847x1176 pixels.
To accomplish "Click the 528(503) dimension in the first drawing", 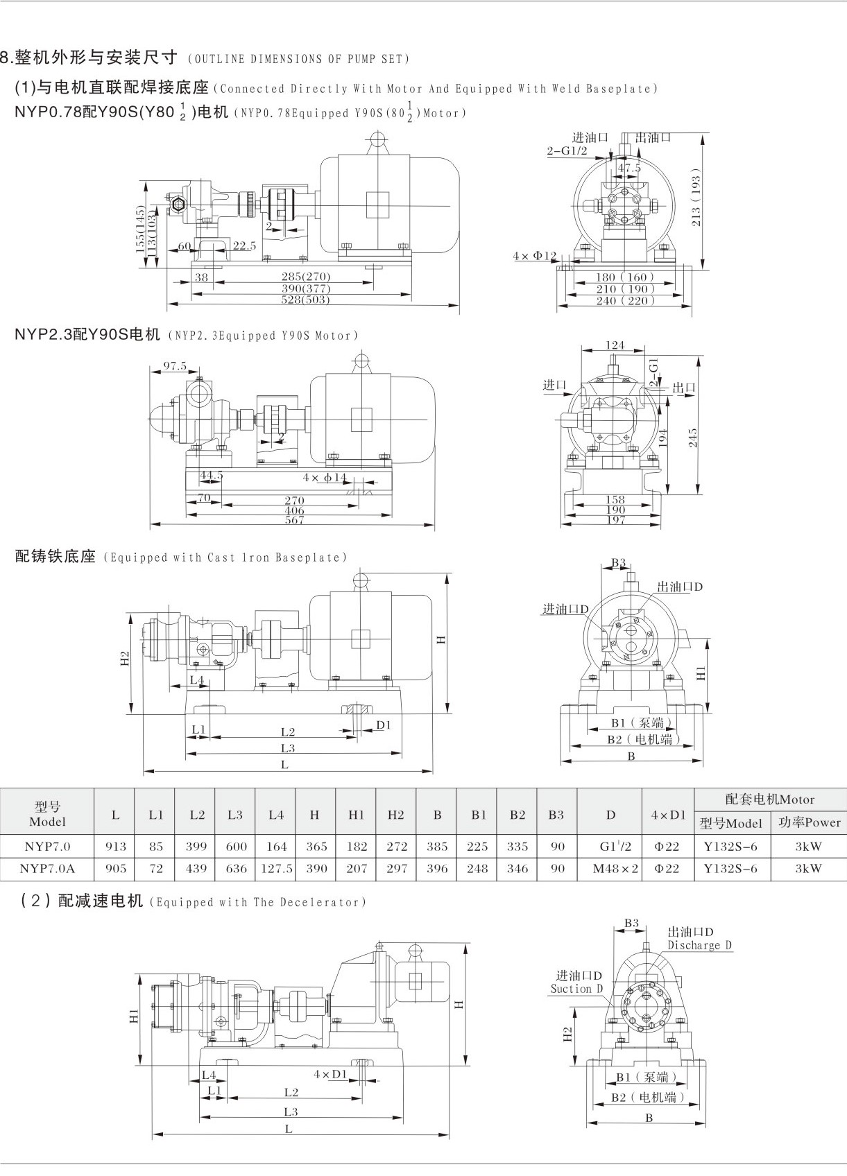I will pyautogui.click(x=306, y=300).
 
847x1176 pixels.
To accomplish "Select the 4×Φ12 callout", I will pyautogui.click(x=535, y=256).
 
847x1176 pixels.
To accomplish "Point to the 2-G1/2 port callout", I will pyautogui.click(x=567, y=150).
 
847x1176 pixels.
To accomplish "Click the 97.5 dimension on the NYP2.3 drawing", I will pyautogui.click(x=174, y=366).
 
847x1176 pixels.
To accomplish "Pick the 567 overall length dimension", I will pyautogui.click(x=294, y=520).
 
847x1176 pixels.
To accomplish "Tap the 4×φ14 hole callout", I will pyautogui.click(x=324, y=478).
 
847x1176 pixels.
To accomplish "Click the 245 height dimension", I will pyautogui.click(x=693, y=438).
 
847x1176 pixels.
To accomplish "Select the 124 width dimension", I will pyautogui.click(x=615, y=345).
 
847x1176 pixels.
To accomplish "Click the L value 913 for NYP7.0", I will pyautogui.click(x=115, y=846).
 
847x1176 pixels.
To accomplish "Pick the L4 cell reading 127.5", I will pyautogui.click(x=276, y=868).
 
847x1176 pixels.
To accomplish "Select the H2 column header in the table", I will pyautogui.click(x=396, y=815).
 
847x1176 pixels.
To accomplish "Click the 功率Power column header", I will pyautogui.click(x=809, y=823).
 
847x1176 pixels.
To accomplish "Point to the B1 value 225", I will pyautogui.click(x=477, y=846).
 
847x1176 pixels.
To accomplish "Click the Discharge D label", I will pyautogui.click(x=699, y=946).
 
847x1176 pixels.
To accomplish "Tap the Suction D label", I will pyautogui.click(x=576, y=989).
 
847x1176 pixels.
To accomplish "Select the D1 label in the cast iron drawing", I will pyautogui.click(x=384, y=725).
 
